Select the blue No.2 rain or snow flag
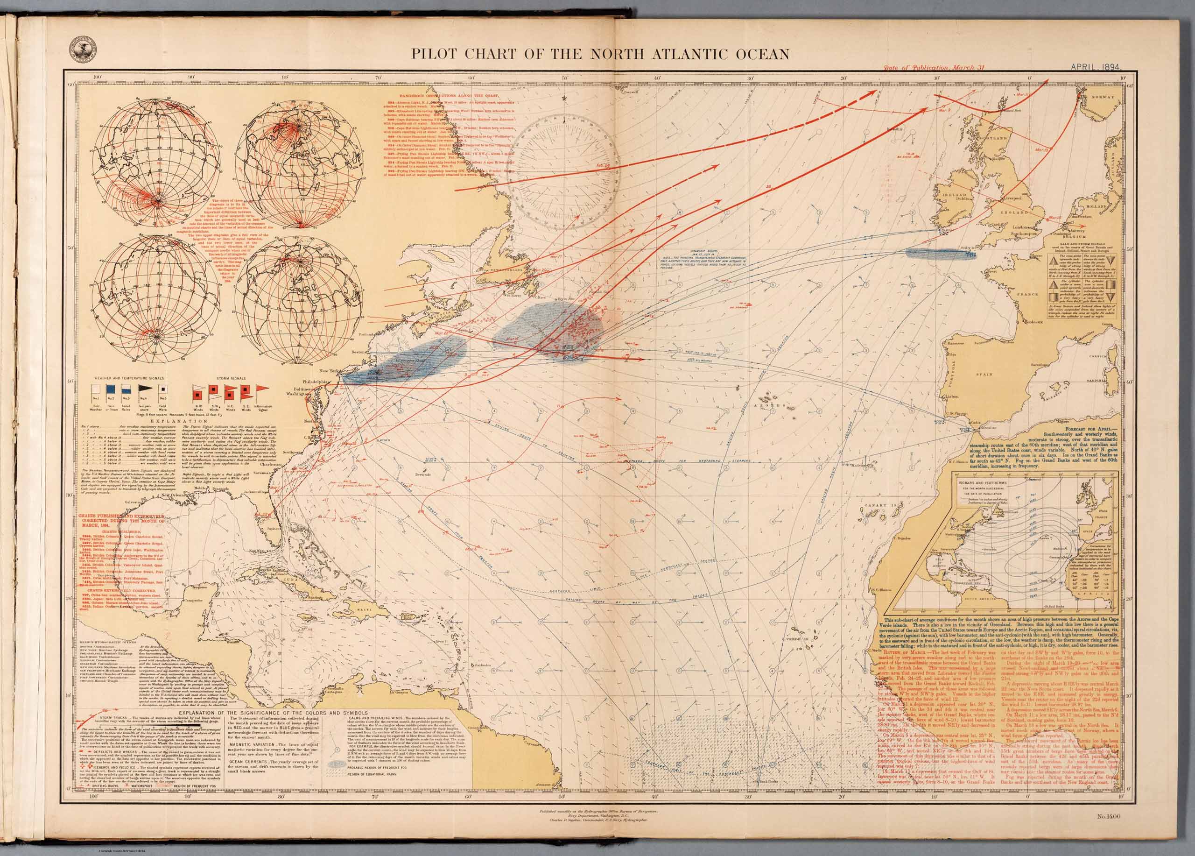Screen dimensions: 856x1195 [112, 389]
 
